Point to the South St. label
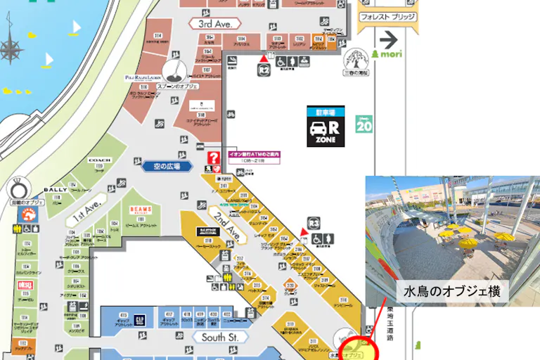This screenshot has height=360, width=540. pos(220,337)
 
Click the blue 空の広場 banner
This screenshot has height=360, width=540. pos(162,167)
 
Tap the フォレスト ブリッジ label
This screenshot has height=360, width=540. pos(387,16)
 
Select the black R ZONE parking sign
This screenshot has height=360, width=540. pos(326,127)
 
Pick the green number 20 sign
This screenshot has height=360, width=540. pos(364,124)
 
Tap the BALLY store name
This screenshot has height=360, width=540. pos(55,189)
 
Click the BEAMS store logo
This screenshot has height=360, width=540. pos(141,210)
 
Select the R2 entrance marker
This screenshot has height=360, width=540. pos(264,68)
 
